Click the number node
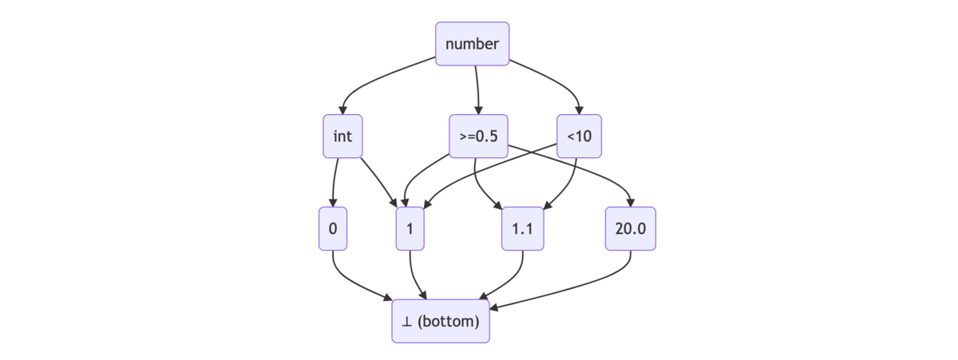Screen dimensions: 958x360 (x=472, y=44)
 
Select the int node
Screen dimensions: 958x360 (x=342, y=136)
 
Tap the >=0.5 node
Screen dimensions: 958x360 (x=478, y=136)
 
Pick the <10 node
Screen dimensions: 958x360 (x=579, y=136)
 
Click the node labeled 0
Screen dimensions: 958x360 (x=333, y=229)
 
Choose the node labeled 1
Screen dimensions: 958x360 (x=410, y=229)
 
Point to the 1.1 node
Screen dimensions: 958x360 (x=523, y=229)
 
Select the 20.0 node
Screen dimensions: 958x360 (x=631, y=229)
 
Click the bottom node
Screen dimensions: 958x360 (x=441, y=321)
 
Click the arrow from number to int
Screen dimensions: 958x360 (x=371, y=80)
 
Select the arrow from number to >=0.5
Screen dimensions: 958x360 (x=477, y=89)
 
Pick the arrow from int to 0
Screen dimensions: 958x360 (x=334, y=183)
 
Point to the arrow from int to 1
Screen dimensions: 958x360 (x=380, y=182)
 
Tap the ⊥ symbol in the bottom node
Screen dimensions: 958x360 (x=406, y=322)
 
